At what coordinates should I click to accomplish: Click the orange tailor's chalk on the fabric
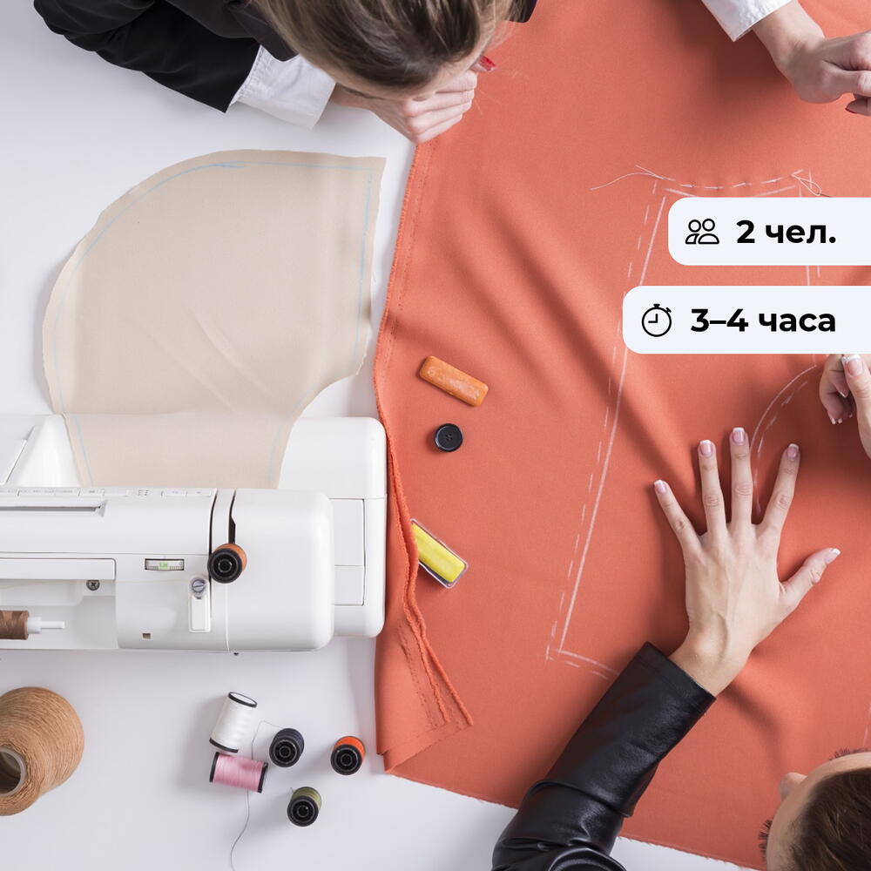[453, 381]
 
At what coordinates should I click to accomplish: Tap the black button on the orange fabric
[449, 437]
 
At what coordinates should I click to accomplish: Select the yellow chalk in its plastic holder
[439, 553]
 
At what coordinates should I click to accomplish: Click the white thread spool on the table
[233, 721]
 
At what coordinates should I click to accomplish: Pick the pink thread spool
[238, 772]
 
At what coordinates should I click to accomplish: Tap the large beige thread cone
[39, 750]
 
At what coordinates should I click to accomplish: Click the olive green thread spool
[304, 806]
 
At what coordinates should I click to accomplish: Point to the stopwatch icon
[657, 321]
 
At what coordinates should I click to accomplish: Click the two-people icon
[701, 232]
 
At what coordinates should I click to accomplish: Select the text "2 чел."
[786, 232]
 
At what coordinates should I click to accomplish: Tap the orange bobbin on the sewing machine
[227, 563]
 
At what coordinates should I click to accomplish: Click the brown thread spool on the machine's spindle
[14, 625]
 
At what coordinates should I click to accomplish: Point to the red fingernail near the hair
[487, 64]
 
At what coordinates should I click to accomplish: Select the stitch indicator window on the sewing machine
[164, 565]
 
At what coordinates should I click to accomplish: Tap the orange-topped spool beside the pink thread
[348, 755]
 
